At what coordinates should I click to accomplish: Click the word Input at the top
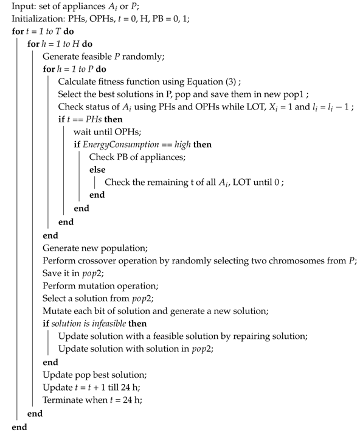pos(23,7)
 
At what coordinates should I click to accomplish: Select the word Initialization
pos(37,19)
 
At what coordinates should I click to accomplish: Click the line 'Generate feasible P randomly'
pos(104,57)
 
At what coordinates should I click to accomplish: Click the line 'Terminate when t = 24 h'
pos(92,400)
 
